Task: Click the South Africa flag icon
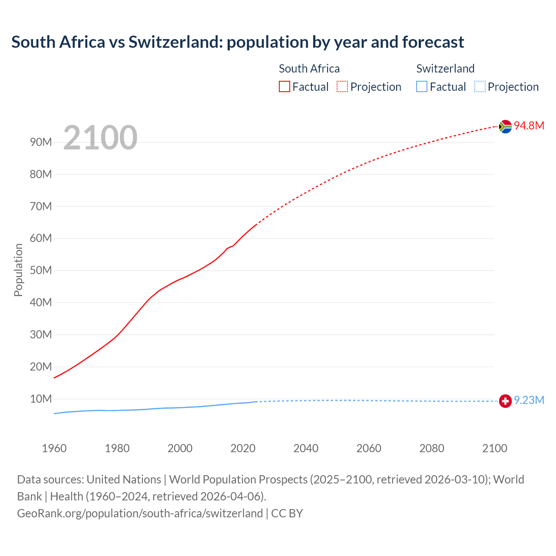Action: click(505, 126)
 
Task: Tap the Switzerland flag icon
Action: click(505, 401)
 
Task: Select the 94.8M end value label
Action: click(529, 126)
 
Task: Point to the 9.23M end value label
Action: click(529, 400)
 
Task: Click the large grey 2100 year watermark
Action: click(100, 138)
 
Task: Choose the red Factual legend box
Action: click(285, 87)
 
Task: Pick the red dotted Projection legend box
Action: click(342, 87)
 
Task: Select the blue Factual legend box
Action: click(422, 87)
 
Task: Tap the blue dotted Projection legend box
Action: click(480, 87)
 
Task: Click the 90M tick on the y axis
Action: click(41, 142)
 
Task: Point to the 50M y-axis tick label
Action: click(41, 271)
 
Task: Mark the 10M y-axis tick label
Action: click(41, 399)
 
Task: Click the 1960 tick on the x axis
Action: click(54, 448)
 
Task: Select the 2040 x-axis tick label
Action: click(306, 448)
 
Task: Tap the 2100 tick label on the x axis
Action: click(495, 448)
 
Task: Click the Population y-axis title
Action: click(18, 270)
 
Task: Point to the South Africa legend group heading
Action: click(309, 69)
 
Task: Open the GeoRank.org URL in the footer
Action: click(140, 513)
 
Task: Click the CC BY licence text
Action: click(287, 513)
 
